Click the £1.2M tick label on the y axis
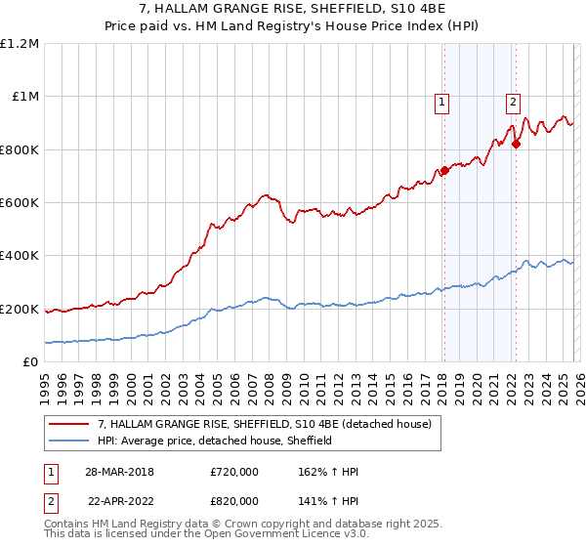coord(20,43)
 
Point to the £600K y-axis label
coord(20,202)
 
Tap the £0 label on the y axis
coord(30,361)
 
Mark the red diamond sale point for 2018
coord(444,171)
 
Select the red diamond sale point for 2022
coord(516,145)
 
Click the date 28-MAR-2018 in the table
coord(120,471)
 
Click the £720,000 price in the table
coord(234,471)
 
